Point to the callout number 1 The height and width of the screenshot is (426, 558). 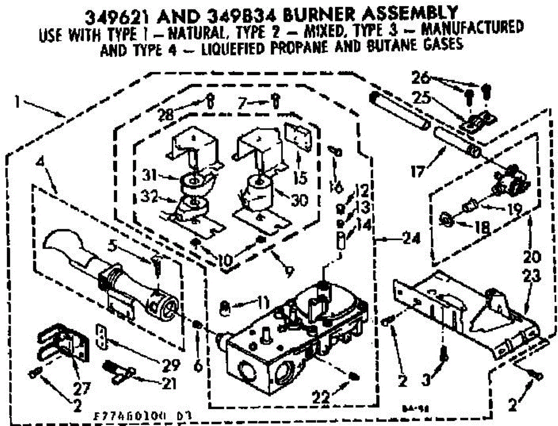pos(18,101)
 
